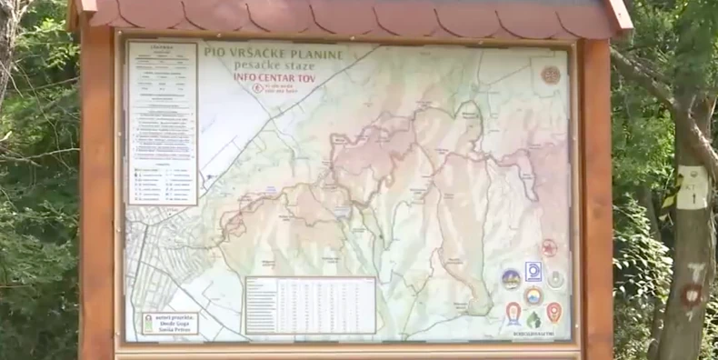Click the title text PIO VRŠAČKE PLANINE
tap(274, 53)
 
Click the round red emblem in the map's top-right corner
tap(551, 75)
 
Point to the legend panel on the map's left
tap(162, 122)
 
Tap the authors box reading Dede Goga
tap(170, 324)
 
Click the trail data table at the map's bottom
tap(310, 305)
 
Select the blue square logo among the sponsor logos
tap(534, 271)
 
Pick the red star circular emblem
tap(549, 247)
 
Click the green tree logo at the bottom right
tap(534, 319)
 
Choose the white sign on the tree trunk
tap(693, 187)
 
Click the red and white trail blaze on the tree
tap(693, 294)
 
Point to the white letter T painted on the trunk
tap(697, 270)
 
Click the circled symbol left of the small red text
tap(257, 88)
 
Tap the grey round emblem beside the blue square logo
tap(555, 278)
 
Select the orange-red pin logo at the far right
tap(554, 312)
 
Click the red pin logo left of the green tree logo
tap(514, 312)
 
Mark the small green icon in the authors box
tap(148, 324)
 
